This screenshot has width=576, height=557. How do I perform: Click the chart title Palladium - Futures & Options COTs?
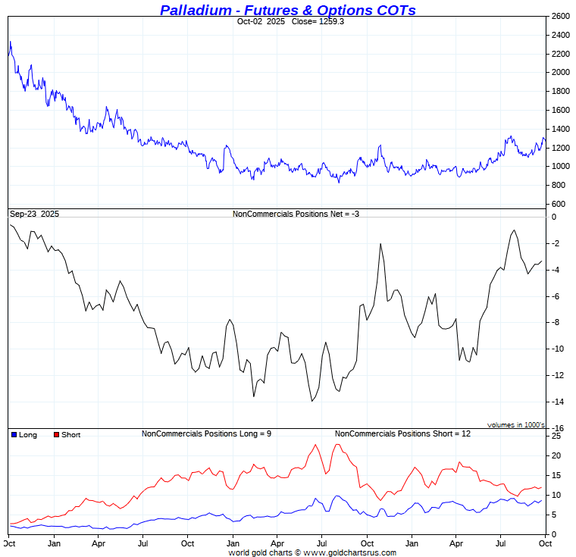[x=287, y=10]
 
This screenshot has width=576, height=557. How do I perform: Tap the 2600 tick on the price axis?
[x=560, y=17]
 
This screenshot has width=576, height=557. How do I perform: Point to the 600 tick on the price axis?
[x=558, y=204]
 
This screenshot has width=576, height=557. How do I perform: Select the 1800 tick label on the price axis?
[x=560, y=92]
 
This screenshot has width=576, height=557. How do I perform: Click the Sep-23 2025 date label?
[x=34, y=214]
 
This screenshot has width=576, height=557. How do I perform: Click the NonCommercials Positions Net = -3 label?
[x=296, y=214]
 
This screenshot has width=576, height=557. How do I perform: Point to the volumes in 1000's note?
[x=516, y=425]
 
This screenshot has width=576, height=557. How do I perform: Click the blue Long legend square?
[x=14, y=435]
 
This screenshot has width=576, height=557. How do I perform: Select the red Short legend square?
[x=56, y=435]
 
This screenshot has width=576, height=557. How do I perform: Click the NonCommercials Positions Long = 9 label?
[x=206, y=433]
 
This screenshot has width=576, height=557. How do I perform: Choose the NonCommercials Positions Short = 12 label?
[x=402, y=433]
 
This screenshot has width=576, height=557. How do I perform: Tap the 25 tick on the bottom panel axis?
[x=556, y=437]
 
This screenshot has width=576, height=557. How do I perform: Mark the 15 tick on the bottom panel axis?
[x=556, y=476]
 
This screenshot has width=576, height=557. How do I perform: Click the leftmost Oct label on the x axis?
[x=9, y=543]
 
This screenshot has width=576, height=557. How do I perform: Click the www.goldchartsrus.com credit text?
[x=350, y=552]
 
